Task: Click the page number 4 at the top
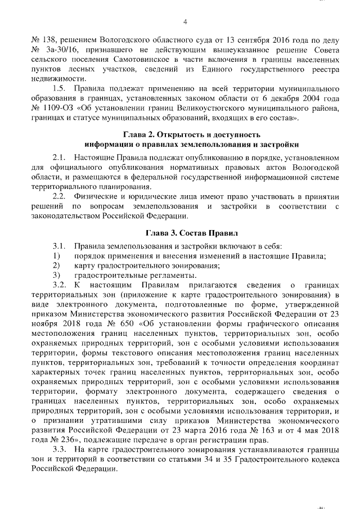(185, 22)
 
